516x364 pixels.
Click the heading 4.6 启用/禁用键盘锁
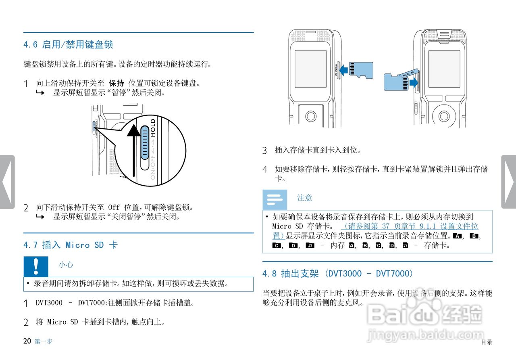pos(68,44)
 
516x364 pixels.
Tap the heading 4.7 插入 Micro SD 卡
pos(70,245)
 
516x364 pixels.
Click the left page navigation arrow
pos(7,182)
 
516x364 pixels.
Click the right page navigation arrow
pos(509,182)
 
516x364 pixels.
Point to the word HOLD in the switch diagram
pos(153,128)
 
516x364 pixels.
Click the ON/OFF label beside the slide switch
pos(152,165)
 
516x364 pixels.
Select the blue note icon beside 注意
pos(275,199)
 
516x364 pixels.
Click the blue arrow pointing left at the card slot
pos(343,70)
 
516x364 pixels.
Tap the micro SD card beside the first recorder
pos(360,70)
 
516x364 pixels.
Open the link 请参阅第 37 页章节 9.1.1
pos(410,227)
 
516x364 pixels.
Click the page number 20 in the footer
pos(27,341)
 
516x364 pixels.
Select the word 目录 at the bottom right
pos(486,342)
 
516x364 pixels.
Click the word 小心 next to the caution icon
pos(66,265)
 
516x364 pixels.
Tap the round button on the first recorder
pos(311,116)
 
